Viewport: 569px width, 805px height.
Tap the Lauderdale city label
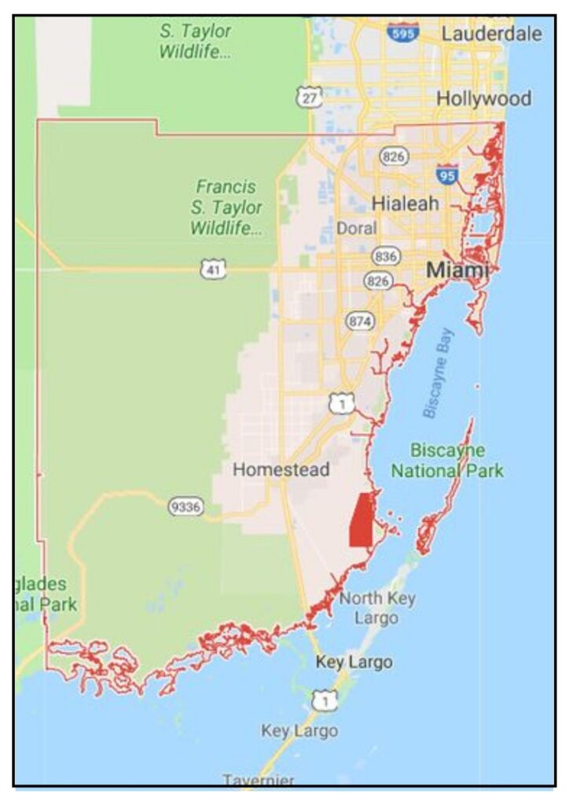click(491, 34)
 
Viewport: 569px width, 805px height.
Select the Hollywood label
click(483, 99)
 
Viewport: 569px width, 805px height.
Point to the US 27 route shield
click(308, 97)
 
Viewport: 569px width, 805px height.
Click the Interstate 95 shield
click(446, 175)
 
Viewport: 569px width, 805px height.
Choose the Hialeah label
click(405, 203)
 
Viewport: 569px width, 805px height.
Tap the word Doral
click(356, 228)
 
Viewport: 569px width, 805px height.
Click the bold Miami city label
click(457, 270)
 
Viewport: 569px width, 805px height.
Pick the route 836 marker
click(386, 256)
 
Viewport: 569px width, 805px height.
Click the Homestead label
click(281, 470)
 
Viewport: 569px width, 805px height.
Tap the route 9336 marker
click(184, 506)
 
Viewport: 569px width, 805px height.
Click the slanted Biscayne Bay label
click(440, 375)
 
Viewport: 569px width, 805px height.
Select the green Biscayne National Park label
click(447, 461)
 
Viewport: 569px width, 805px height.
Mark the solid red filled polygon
click(361, 520)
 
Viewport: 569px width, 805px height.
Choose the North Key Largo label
click(376, 608)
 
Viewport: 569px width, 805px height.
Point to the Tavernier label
click(259, 780)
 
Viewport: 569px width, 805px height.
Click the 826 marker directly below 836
click(378, 281)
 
